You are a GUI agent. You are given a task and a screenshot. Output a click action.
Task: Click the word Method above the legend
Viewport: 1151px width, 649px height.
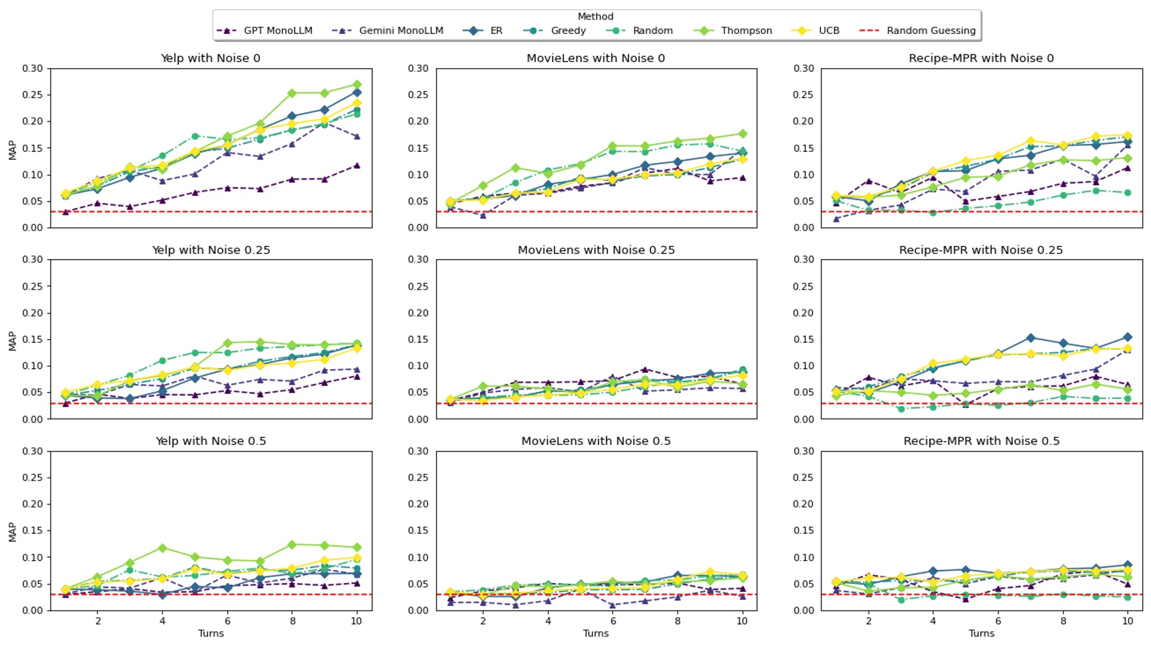click(x=595, y=16)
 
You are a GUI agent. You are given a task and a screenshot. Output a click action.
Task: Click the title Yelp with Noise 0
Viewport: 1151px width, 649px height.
click(x=210, y=58)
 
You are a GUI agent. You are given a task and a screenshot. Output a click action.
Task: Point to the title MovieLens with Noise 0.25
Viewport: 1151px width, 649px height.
click(x=596, y=250)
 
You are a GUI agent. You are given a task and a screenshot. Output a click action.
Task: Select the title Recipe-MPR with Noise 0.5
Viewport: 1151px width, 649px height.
click(x=981, y=441)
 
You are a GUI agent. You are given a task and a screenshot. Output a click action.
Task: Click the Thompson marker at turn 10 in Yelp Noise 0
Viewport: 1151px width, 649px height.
click(x=356, y=85)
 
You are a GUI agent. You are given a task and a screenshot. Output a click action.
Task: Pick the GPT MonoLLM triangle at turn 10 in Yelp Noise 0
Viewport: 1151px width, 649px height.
click(x=356, y=166)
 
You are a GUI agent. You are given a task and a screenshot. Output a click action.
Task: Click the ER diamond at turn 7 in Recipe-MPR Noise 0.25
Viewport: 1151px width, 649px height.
click(x=1031, y=338)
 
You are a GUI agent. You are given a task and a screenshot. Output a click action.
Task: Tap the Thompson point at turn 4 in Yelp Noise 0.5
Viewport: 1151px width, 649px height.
click(x=162, y=548)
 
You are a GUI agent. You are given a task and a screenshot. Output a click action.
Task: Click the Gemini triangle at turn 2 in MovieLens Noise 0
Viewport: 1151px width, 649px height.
click(x=483, y=215)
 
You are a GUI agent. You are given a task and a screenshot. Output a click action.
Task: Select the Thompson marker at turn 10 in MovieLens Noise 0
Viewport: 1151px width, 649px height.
click(x=742, y=133)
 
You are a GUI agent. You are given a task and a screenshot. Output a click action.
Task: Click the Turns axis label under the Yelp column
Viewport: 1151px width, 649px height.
click(x=211, y=633)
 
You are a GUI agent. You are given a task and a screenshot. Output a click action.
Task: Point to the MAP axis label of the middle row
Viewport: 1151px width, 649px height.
click(x=12, y=340)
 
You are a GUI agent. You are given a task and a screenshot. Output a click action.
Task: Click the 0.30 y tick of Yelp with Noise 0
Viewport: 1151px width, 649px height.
click(x=32, y=68)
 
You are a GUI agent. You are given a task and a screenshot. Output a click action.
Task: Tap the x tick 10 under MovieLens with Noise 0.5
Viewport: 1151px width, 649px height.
click(x=741, y=621)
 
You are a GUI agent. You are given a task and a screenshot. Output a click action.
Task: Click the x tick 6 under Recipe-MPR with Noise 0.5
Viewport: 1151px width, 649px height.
click(x=998, y=621)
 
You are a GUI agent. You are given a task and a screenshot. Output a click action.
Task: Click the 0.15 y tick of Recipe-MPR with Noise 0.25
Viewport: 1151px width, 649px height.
click(x=803, y=339)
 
